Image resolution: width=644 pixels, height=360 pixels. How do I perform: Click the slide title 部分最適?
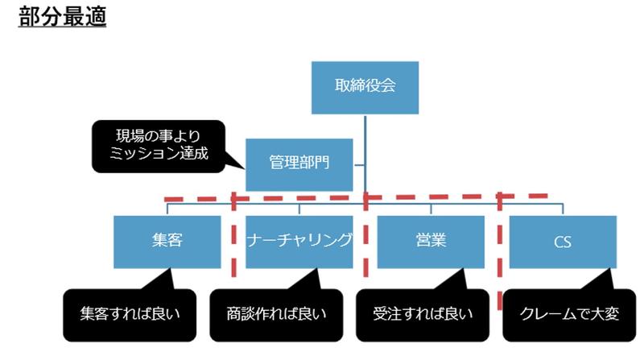click(x=62, y=17)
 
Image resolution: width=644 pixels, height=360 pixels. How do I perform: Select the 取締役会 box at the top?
click(x=365, y=86)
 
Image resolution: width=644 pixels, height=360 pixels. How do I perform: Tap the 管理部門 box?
click(x=299, y=163)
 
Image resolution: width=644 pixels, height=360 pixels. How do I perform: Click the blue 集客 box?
click(x=167, y=241)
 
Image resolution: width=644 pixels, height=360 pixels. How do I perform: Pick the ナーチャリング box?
click(x=299, y=241)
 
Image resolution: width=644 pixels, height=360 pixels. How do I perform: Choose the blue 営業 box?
click(x=431, y=241)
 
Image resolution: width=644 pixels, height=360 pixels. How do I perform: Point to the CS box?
click(x=563, y=241)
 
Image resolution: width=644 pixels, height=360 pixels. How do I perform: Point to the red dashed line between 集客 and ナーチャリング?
click(x=233, y=242)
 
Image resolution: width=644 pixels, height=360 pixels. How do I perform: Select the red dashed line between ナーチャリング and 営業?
click(x=365, y=242)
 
